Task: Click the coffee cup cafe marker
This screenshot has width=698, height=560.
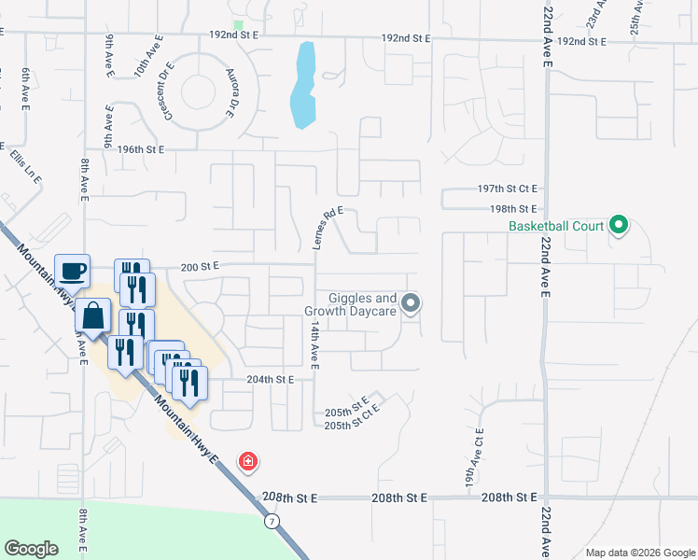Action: tap(73, 272)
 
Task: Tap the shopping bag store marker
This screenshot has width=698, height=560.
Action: tap(94, 316)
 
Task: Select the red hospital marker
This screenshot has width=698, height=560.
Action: tap(247, 461)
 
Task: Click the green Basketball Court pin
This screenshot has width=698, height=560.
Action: tap(617, 225)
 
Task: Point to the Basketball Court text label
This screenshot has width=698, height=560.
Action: tap(555, 226)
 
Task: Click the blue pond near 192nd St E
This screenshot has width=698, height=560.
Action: tap(301, 86)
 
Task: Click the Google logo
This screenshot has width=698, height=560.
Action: tap(31, 549)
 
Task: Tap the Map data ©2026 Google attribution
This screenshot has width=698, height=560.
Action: tap(639, 553)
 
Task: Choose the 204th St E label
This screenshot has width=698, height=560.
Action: tap(271, 380)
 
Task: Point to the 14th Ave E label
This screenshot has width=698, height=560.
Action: tap(314, 345)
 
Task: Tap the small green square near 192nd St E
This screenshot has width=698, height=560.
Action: tap(238, 25)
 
